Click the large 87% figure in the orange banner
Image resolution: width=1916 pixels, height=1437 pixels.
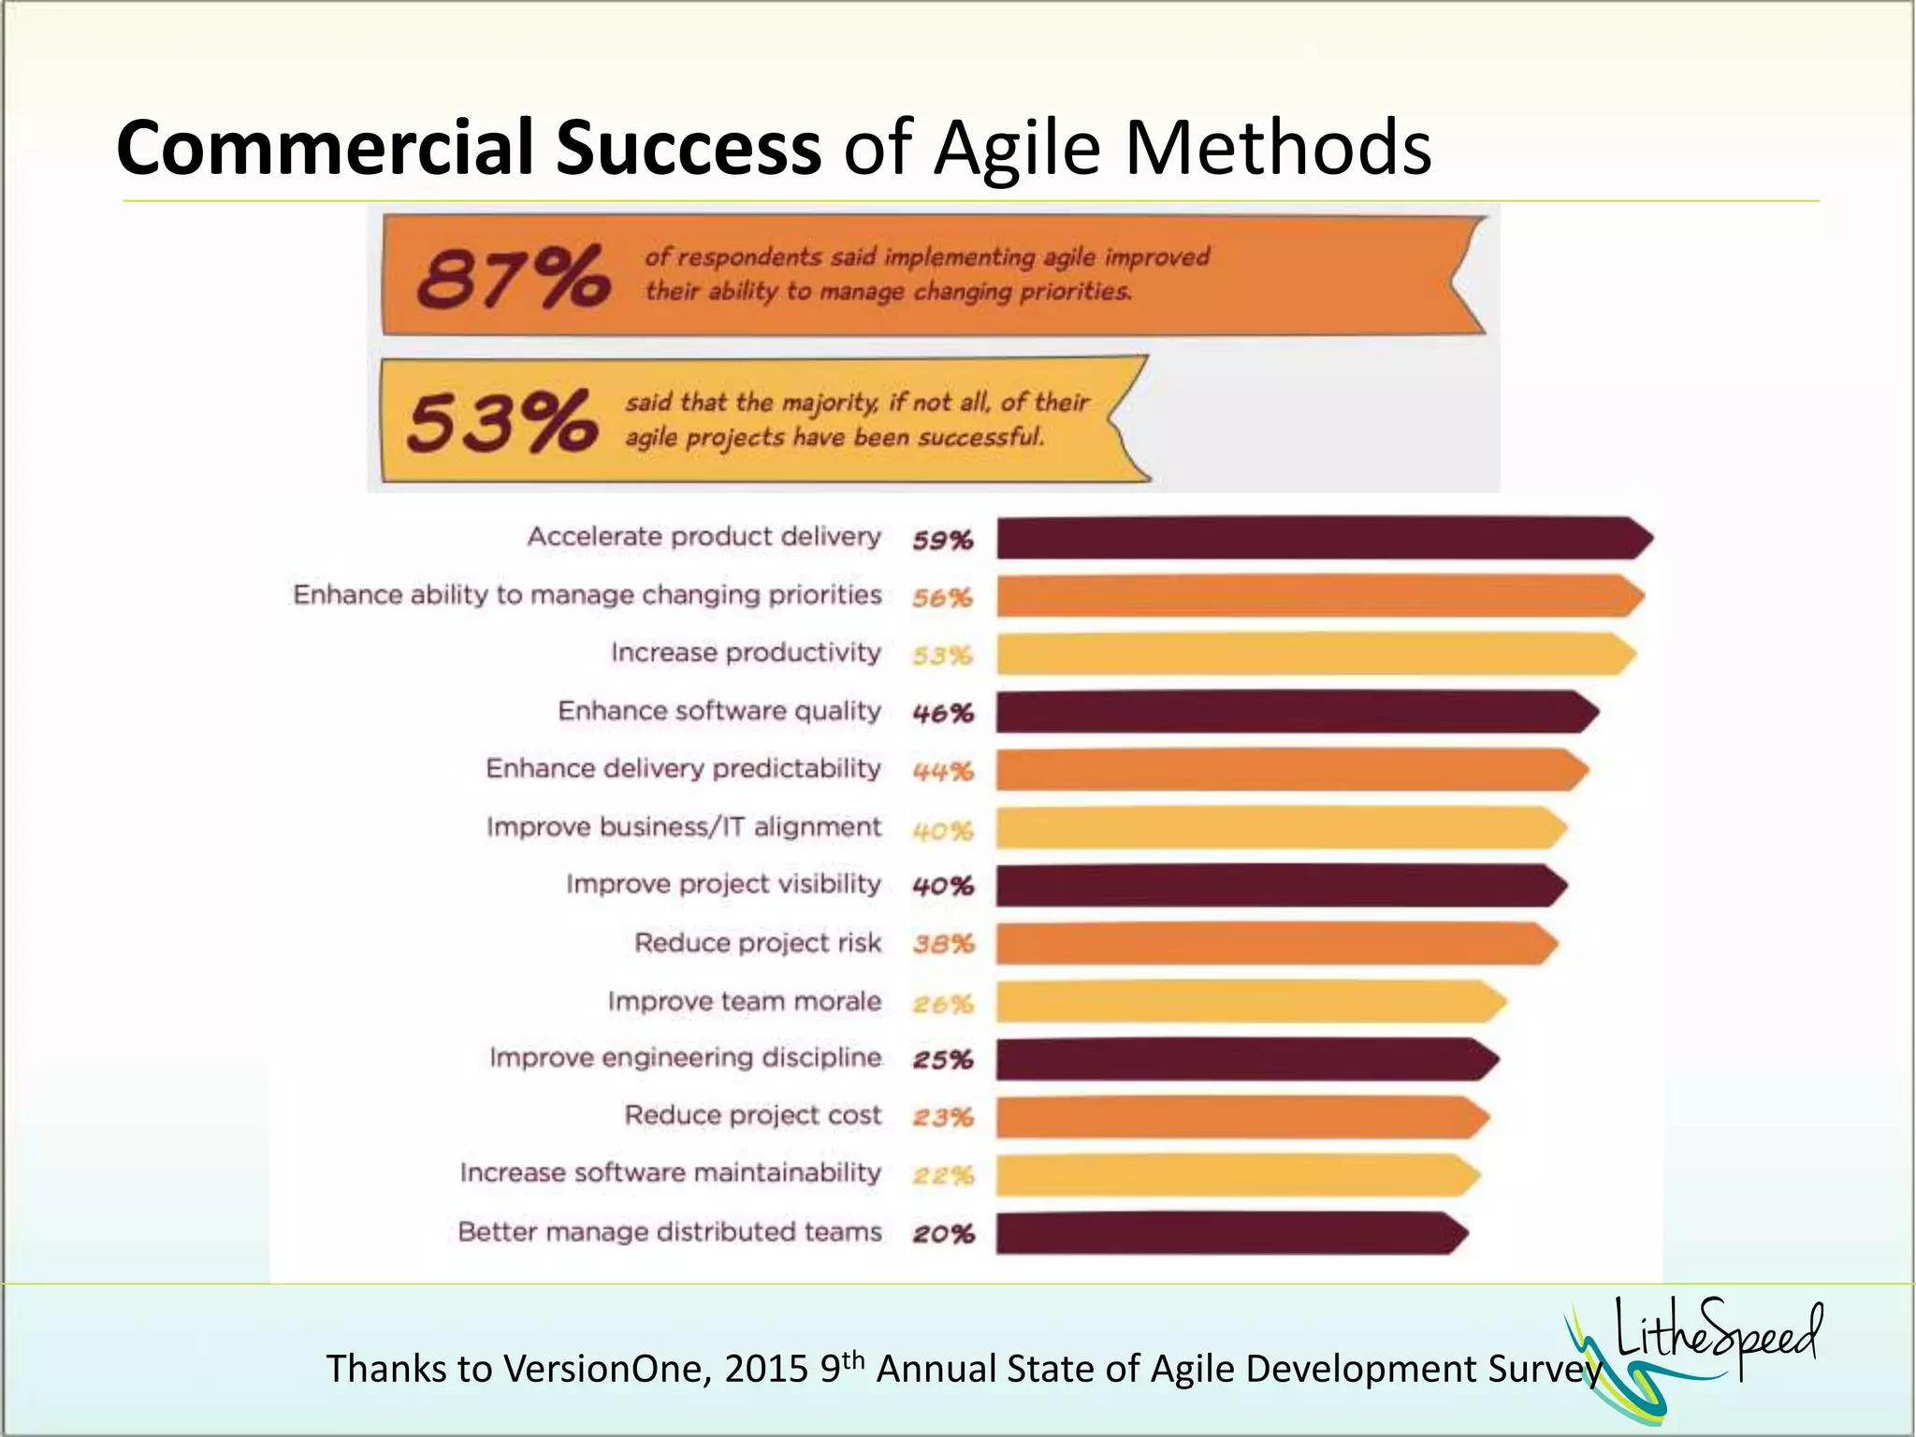(513, 277)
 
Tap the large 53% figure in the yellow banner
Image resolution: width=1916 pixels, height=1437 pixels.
(502, 423)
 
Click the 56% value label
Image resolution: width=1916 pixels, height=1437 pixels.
(943, 598)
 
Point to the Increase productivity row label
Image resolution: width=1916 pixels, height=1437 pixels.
(746, 652)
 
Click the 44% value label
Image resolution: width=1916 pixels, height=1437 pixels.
(943, 772)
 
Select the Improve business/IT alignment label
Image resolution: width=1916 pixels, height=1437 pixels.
(683, 827)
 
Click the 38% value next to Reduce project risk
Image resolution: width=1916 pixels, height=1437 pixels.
(943, 944)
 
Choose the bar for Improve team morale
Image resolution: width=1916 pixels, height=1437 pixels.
(1249, 1002)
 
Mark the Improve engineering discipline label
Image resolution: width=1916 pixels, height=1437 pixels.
(685, 1058)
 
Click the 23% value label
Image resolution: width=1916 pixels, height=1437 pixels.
(943, 1117)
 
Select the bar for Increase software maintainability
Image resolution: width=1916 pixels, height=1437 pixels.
(1236, 1176)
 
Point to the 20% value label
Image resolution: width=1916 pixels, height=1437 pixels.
(943, 1234)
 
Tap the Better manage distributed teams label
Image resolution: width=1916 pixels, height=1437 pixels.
(669, 1232)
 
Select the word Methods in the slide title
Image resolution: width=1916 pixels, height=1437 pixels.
(1278, 148)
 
